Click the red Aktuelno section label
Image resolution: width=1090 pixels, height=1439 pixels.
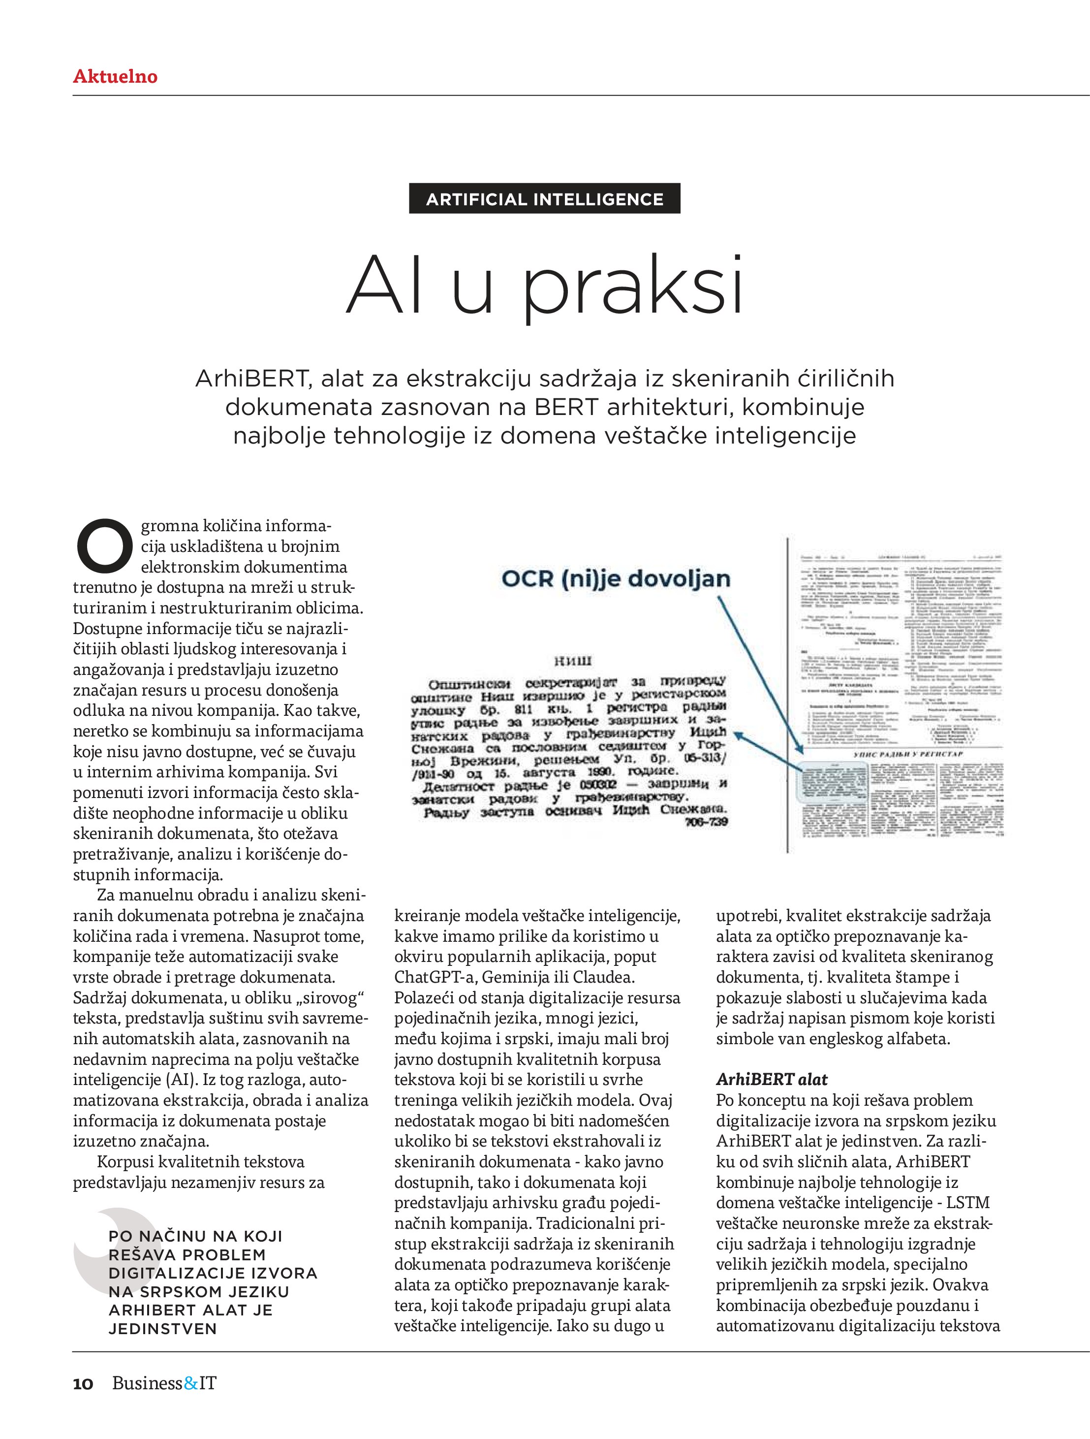click(x=115, y=77)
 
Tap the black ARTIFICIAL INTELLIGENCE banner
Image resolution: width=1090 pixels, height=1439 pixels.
click(x=544, y=199)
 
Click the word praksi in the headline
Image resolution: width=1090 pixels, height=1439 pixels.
click(x=633, y=286)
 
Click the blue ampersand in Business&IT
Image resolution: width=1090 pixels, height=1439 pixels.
click(x=190, y=1383)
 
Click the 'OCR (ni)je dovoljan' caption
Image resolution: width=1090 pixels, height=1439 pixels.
click(x=615, y=578)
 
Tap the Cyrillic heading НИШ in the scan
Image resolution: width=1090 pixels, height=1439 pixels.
click(x=573, y=662)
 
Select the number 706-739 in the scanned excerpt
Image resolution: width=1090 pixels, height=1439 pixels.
click(x=706, y=822)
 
